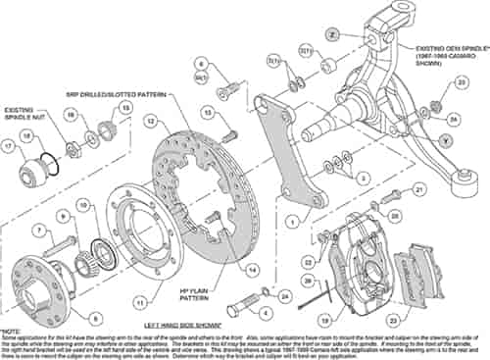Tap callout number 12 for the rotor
pyautogui.click(x=150, y=121)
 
